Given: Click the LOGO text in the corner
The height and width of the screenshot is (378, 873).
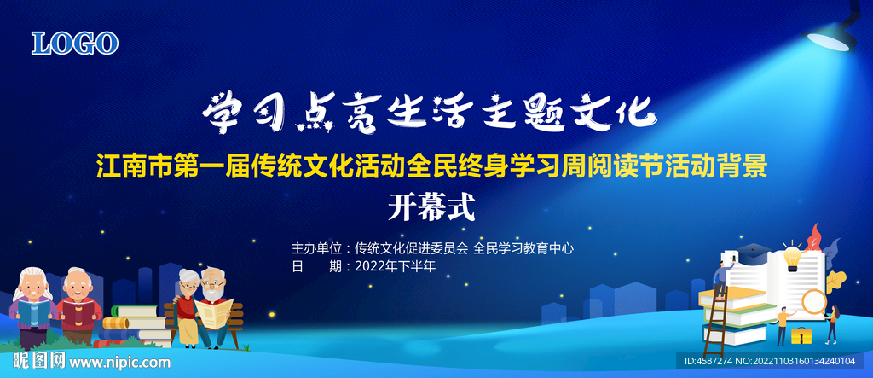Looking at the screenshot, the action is click(75, 44).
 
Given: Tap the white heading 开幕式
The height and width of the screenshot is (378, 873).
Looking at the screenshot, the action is click(431, 207).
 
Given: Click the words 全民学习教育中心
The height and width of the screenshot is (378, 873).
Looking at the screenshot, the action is click(523, 248).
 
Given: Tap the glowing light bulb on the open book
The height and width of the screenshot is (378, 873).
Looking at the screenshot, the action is click(792, 258).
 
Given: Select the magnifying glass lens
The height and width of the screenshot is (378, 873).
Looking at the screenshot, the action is click(814, 301).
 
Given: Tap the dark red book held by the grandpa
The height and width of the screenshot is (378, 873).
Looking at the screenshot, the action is click(78, 312).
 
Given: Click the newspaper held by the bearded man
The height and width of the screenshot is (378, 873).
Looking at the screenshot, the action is click(214, 311).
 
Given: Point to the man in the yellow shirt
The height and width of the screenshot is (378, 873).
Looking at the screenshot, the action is click(784, 325).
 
